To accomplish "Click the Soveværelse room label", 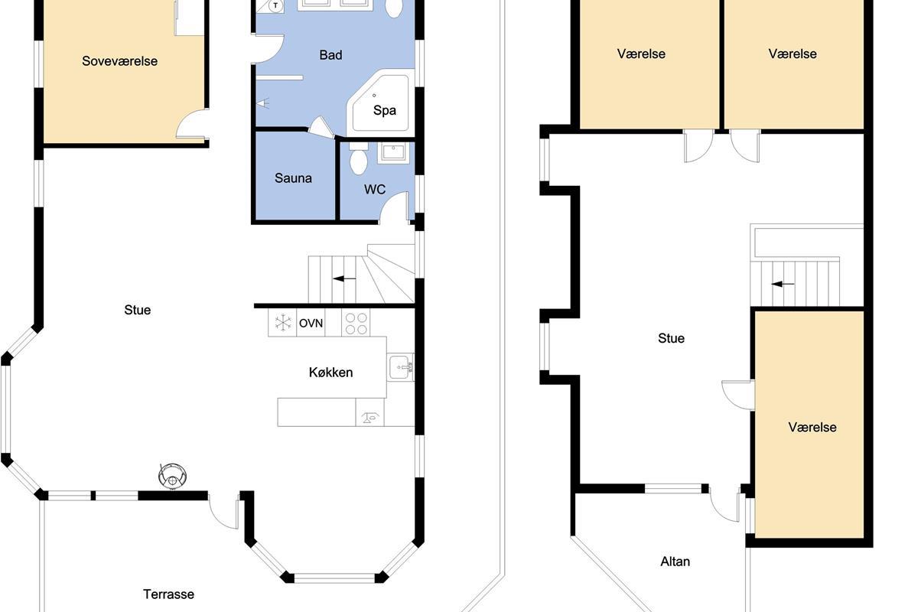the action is [119, 61].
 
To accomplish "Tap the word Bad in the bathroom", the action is [330, 55].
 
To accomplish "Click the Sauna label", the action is [293, 178].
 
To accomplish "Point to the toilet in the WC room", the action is [359, 158].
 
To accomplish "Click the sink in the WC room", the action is [393, 153].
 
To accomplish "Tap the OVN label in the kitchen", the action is [311, 324].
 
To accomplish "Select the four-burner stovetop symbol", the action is [356, 323].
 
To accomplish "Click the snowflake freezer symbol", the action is [283, 323].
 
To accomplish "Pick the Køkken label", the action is [330, 373].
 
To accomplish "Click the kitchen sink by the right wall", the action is [400, 367].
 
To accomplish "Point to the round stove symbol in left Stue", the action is [173, 476].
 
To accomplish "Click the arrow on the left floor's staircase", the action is [344, 278].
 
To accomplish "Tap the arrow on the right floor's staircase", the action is [783, 284].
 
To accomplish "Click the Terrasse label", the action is [168, 594].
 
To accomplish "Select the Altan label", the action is [675, 562].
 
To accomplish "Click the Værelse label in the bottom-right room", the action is [812, 427].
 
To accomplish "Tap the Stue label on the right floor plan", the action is [671, 338].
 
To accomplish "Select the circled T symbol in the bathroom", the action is [276, 5].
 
